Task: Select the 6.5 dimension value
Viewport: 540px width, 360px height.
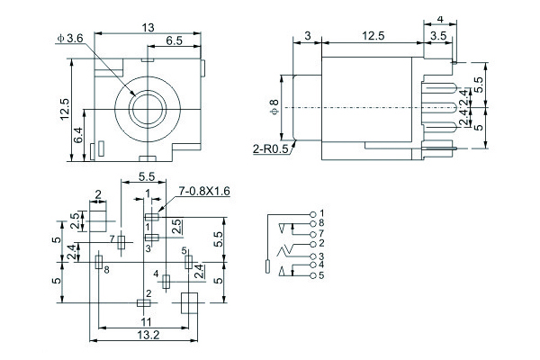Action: click(x=175, y=40)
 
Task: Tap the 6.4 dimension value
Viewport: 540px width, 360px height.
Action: click(x=77, y=136)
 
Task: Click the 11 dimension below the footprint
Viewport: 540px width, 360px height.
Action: click(x=144, y=322)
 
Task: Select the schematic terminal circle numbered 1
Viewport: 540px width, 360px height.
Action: click(x=312, y=212)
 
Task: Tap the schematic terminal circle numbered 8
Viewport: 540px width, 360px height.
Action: click(x=312, y=222)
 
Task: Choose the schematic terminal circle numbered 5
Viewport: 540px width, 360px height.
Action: click(x=312, y=274)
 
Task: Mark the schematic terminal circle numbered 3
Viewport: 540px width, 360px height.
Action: click(x=312, y=256)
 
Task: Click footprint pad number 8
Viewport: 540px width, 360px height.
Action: click(x=97, y=262)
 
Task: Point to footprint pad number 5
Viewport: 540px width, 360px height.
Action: click(x=188, y=261)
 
